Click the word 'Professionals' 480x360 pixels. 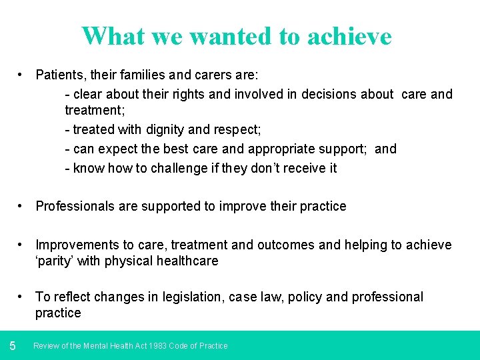(75, 206)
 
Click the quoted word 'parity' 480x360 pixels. (55, 261)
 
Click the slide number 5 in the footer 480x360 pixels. (13, 345)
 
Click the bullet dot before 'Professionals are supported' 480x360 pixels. (23, 206)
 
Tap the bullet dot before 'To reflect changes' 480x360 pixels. (23, 297)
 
